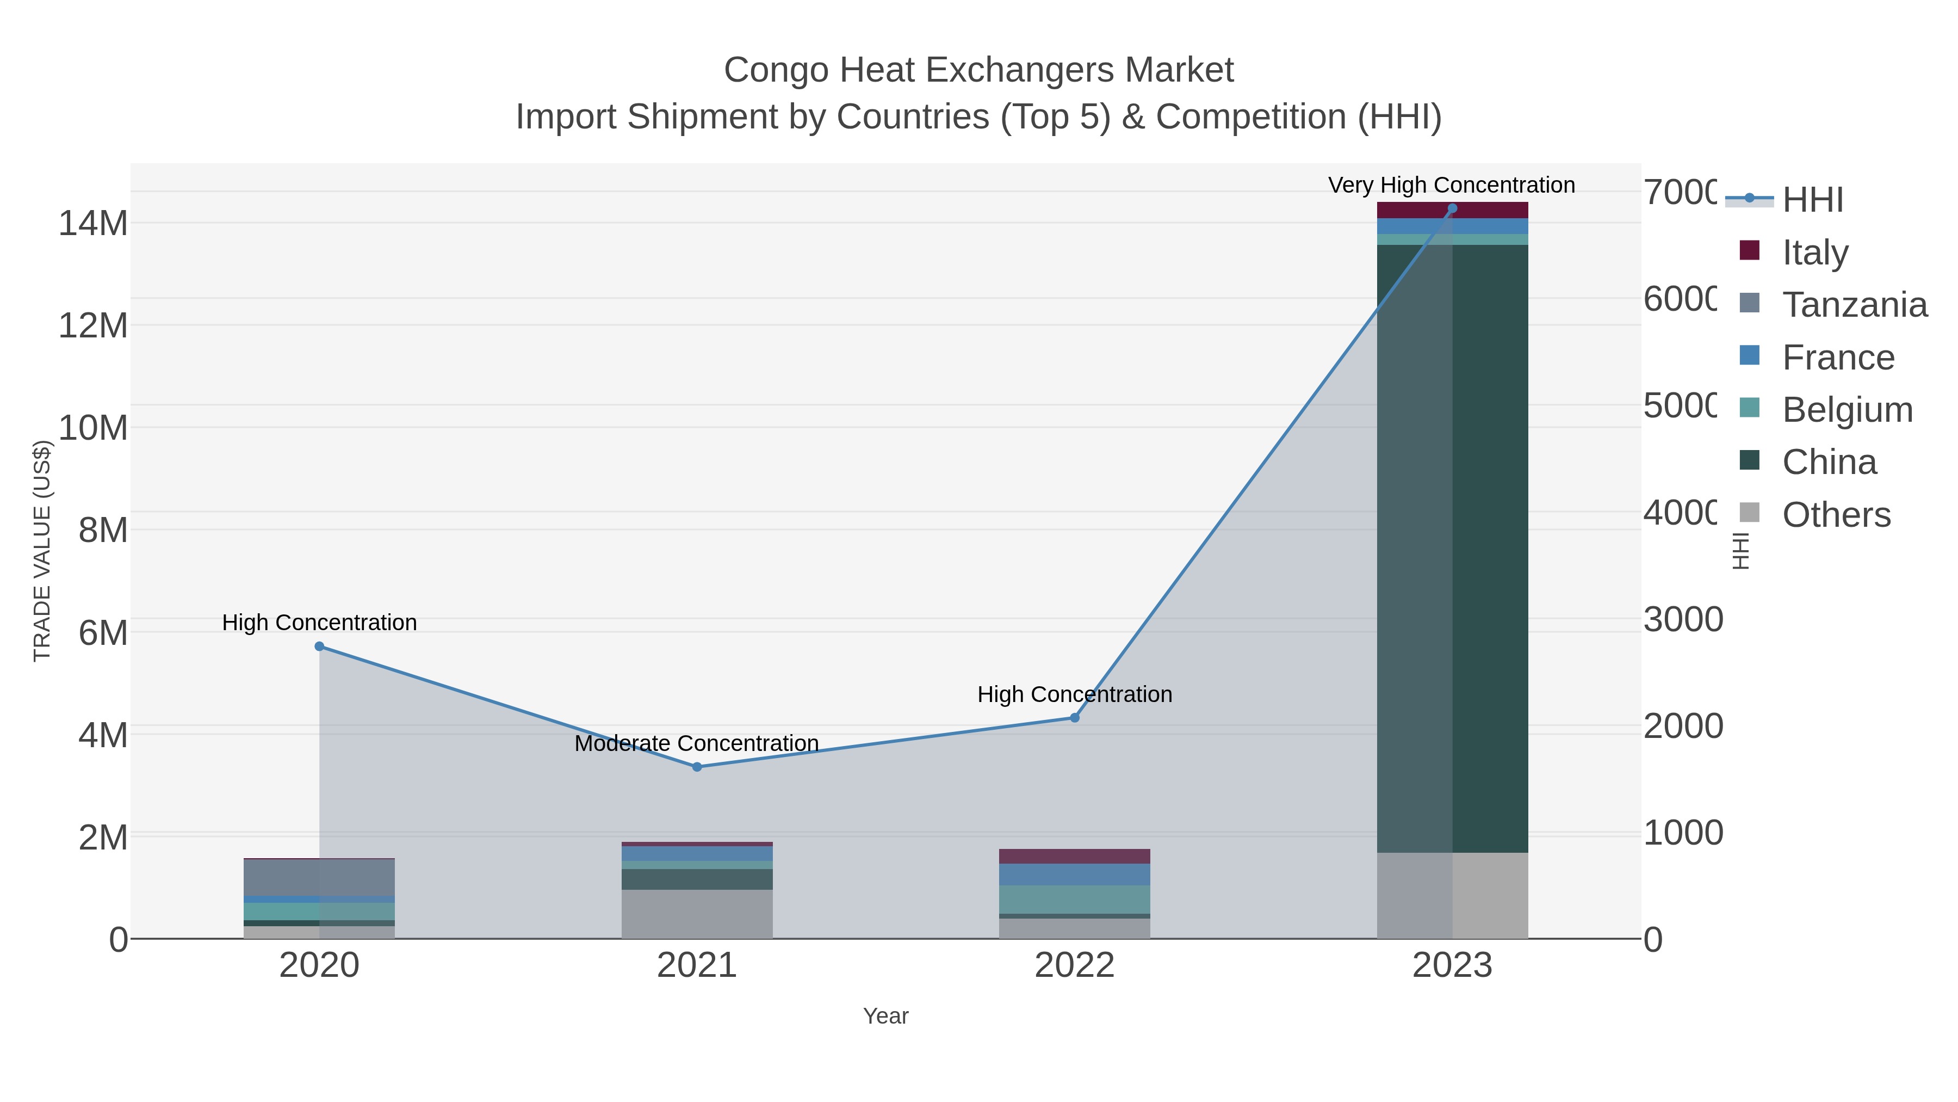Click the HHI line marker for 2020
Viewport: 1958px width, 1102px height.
[x=319, y=647]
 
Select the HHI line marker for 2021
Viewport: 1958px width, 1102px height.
[x=697, y=767]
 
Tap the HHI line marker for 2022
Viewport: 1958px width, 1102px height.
[x=1075, y=718]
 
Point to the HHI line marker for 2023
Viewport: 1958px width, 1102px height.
[x=1453, y=208]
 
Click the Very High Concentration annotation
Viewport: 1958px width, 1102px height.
[x=1451, y=186]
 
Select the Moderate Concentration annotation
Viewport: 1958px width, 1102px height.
[x=696, y=744]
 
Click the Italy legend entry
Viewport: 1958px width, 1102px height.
[x=1814, y=253]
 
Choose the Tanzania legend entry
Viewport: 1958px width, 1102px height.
[x=1854, y=305]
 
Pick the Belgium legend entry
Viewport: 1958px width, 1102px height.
[x=1847, y=410]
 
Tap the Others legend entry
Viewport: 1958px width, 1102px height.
[x=1836, y=515]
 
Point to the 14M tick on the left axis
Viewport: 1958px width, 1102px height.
[x=92, y=224]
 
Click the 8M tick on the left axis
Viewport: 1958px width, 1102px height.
[x=103, y=530]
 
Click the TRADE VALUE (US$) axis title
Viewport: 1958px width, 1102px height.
[x=42, y=551]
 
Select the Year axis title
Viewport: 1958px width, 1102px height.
[x=885, y=1016]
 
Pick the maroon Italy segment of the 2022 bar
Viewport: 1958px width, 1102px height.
[x=1074, y=857]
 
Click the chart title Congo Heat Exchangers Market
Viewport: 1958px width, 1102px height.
[x=978, y=70]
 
